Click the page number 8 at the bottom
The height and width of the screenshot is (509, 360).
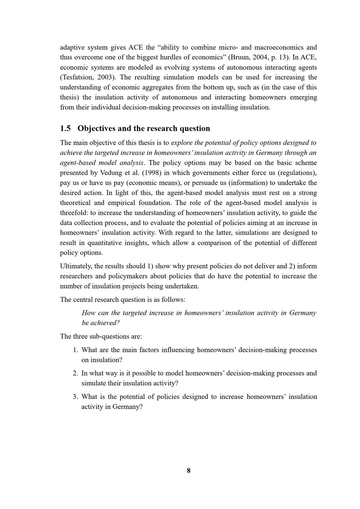pos(189,471)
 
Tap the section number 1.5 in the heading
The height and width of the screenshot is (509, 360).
pos(65,128)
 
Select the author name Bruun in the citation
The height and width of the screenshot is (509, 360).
pos(239,57)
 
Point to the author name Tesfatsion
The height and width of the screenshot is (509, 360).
pos(78,77)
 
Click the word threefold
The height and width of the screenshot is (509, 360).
pos(73,213)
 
